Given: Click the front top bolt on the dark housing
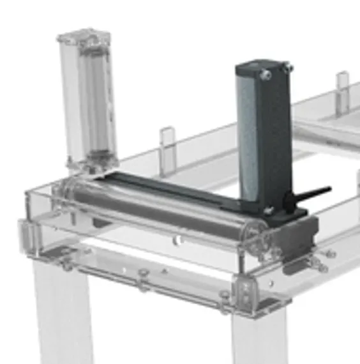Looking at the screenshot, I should tap(266, 75).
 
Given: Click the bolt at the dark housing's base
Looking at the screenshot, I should tap(269, 209).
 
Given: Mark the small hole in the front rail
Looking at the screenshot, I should tap(177, 239).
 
